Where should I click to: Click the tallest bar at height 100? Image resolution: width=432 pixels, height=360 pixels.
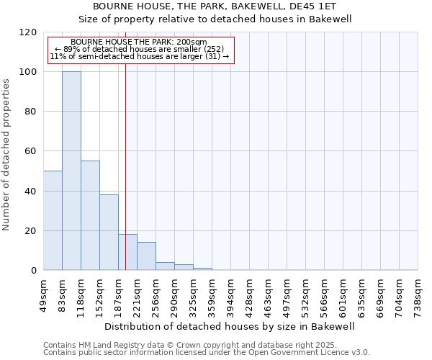pos(71,171)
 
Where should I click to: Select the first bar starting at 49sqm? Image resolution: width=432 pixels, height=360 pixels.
pos(53,220)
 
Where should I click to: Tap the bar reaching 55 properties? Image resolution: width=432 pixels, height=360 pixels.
pos(90,216)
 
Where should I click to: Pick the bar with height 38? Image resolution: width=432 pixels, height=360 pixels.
pos(109,233)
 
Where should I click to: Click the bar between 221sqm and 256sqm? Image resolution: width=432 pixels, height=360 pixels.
pos(146,256)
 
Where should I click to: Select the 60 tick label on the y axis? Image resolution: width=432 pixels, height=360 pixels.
pos(31,151)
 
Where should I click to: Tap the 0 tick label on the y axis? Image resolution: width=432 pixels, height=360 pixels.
pos(34,271)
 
